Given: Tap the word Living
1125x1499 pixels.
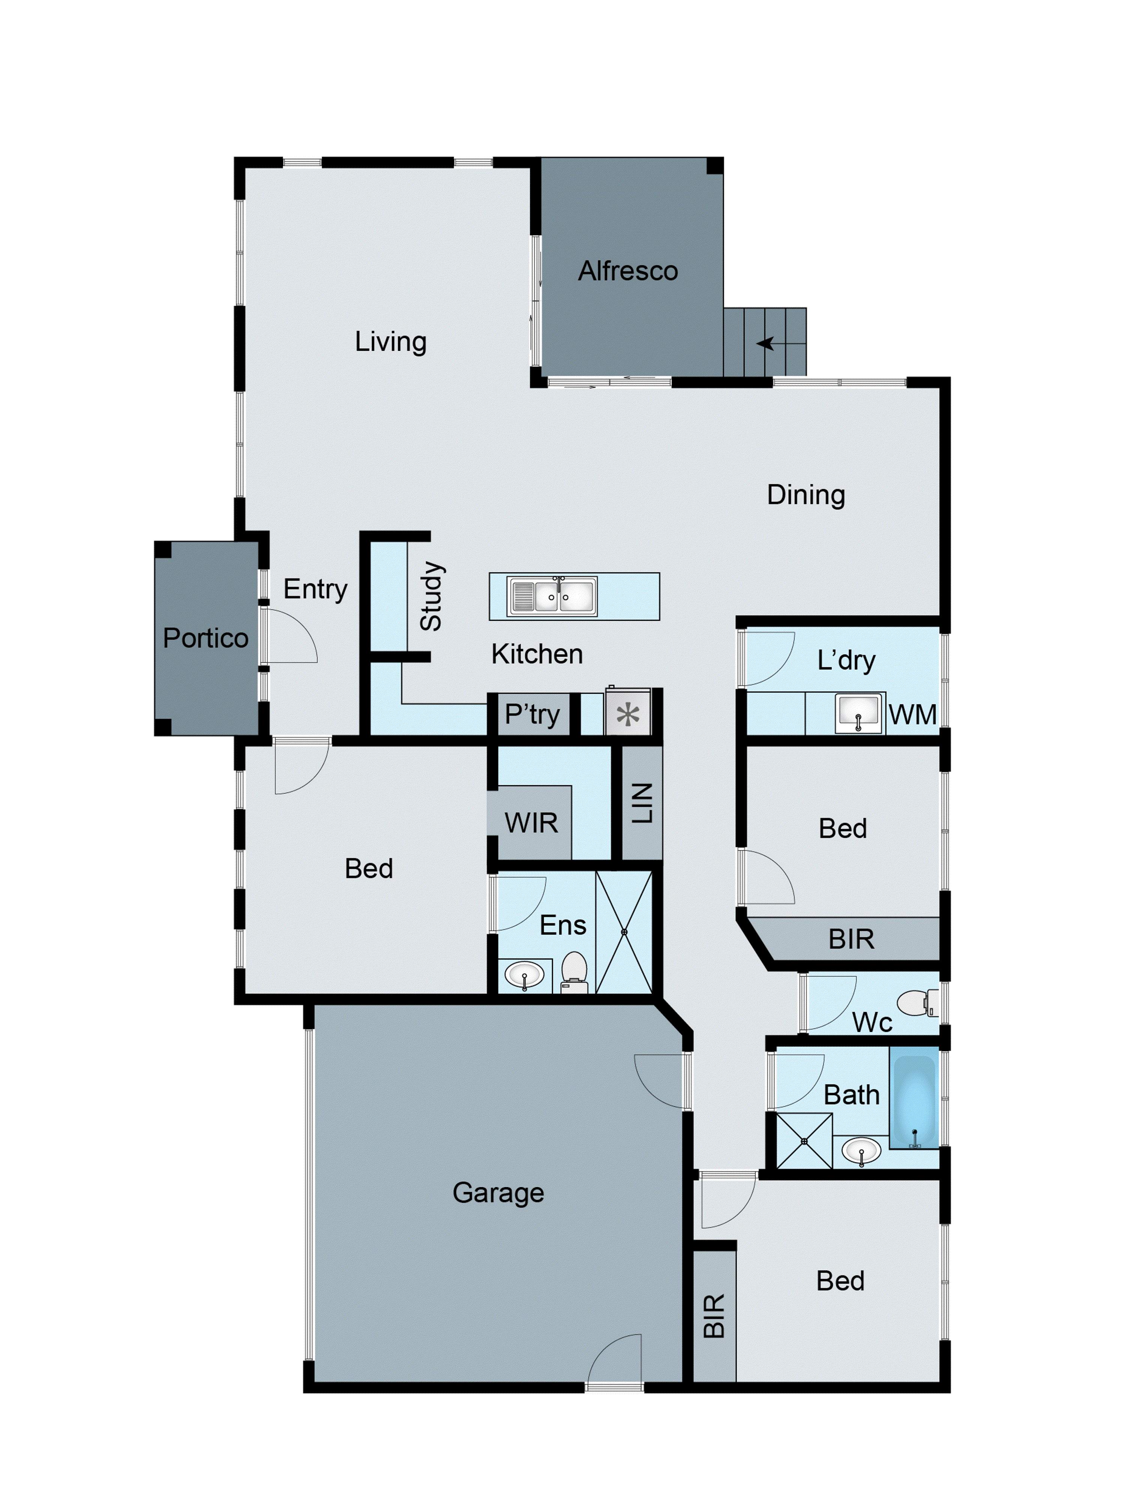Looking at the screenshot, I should (x=391, y=341).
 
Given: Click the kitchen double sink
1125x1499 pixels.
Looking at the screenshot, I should (x=552, y=596).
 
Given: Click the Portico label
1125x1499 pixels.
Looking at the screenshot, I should (x=205, y=638).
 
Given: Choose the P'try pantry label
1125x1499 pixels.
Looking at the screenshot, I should (x=532, y=714).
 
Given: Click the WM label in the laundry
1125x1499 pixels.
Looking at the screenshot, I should (x=912, y=714).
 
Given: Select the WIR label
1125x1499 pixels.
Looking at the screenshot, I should (x=531, y=823).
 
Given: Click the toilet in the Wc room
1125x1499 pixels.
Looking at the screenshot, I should (x=917, y=1003).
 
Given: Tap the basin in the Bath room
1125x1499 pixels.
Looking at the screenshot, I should (x=861, y=1150).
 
